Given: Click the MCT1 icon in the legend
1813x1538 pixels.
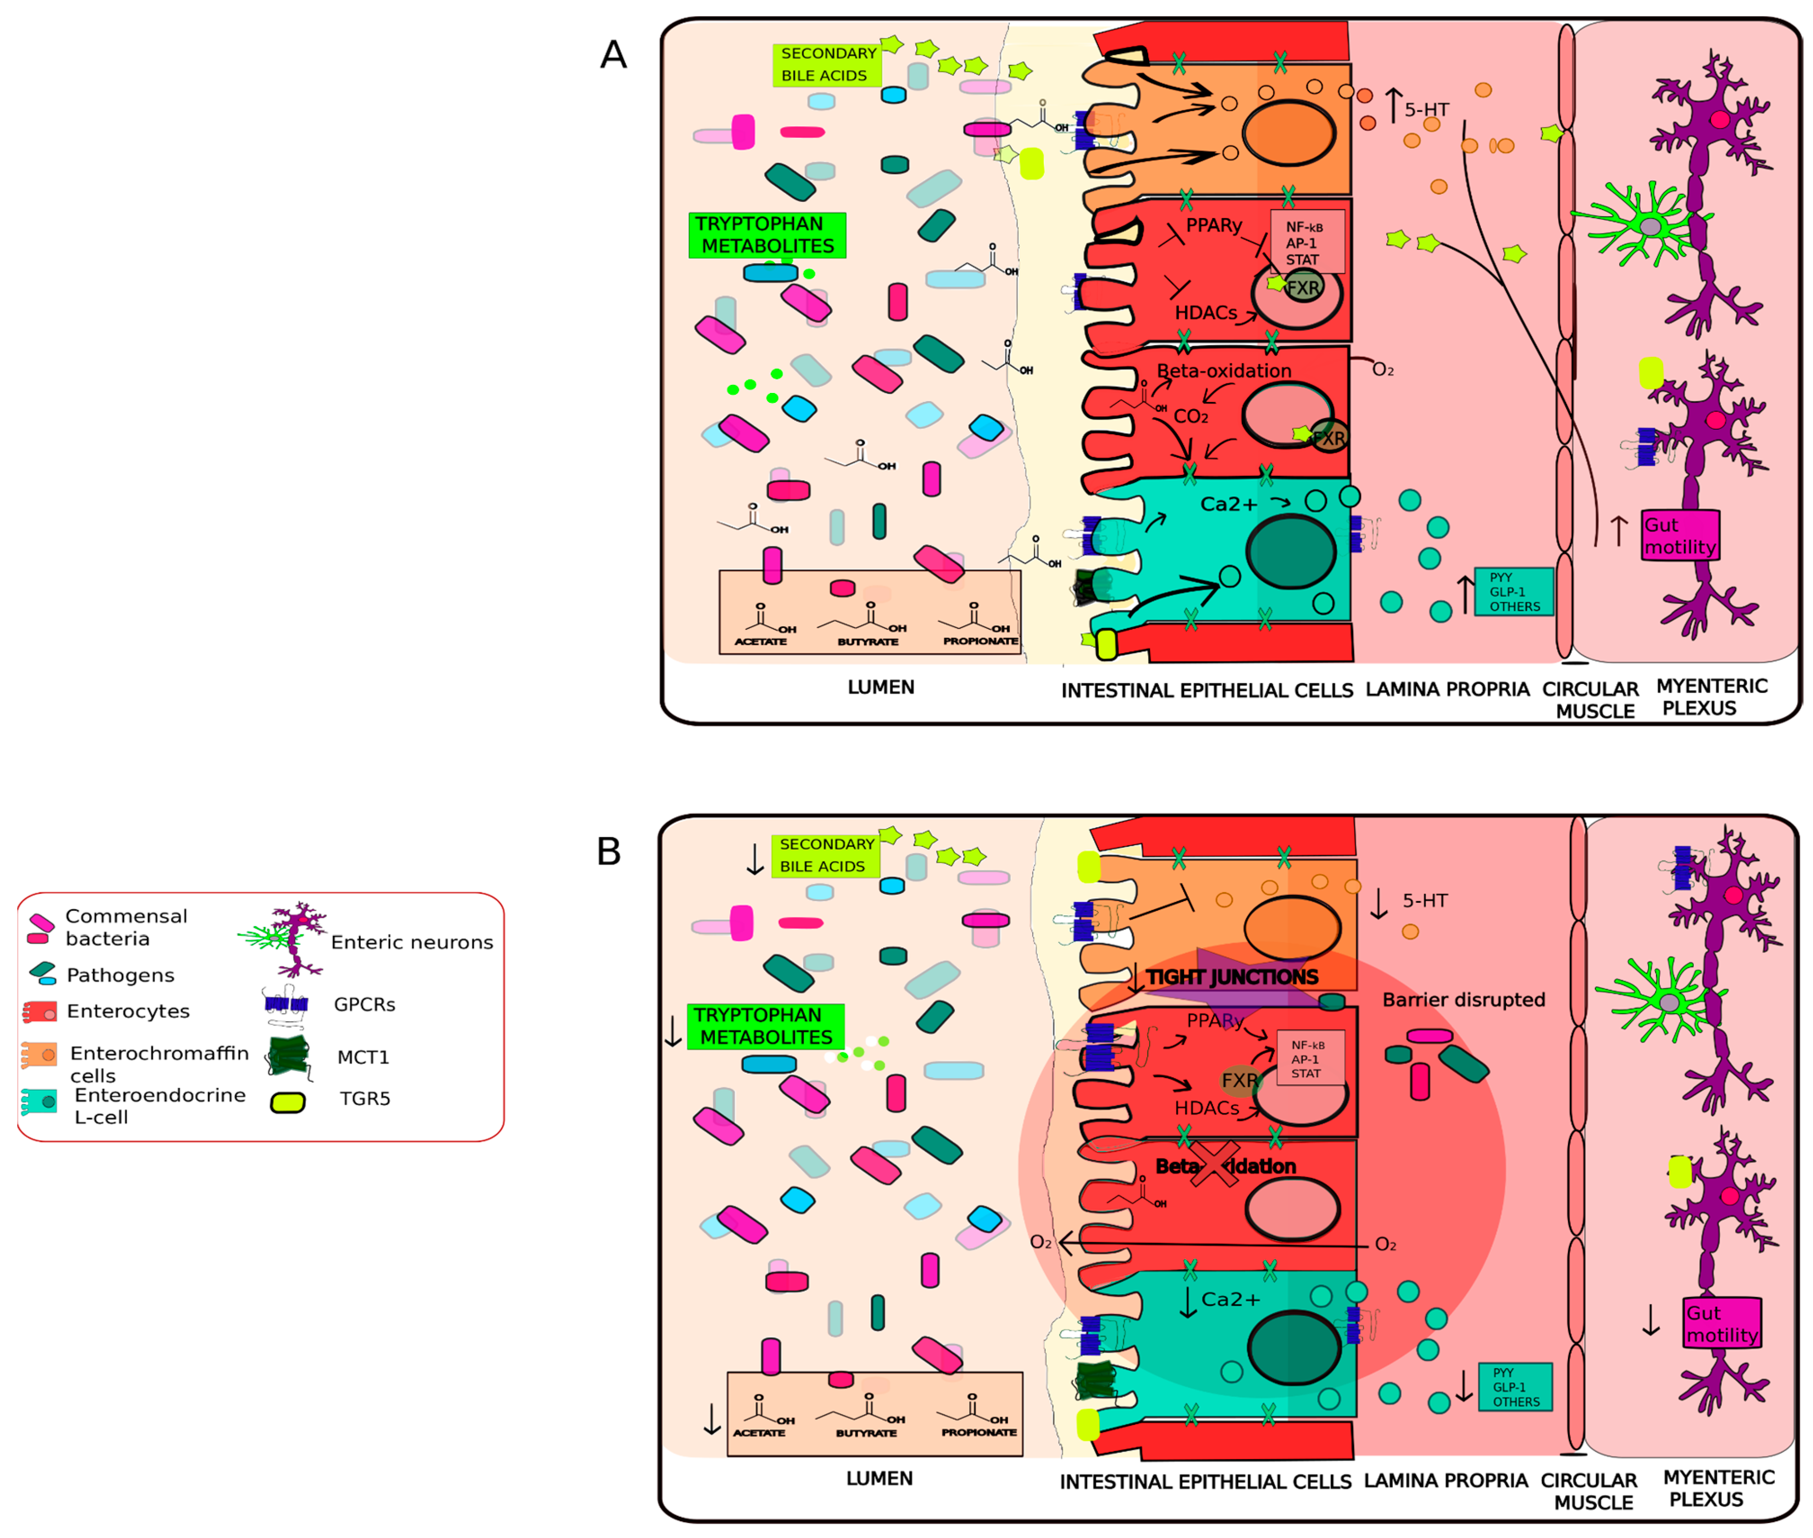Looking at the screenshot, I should (289, 1057).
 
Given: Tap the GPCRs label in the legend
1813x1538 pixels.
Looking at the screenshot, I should (364, 1004).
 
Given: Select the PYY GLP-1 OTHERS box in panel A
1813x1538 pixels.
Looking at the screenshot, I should (1513, 592).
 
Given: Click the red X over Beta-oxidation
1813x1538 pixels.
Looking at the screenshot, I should (1213, 1165).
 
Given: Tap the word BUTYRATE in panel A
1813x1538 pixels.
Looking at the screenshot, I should (867, 642).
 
